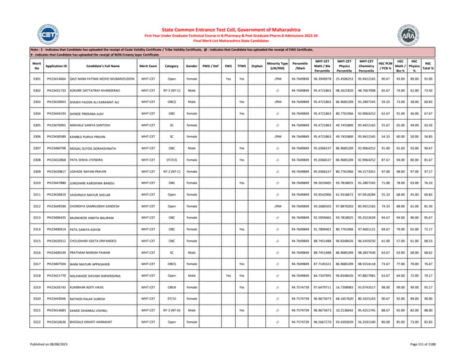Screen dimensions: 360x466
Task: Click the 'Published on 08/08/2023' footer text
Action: point(28,353)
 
